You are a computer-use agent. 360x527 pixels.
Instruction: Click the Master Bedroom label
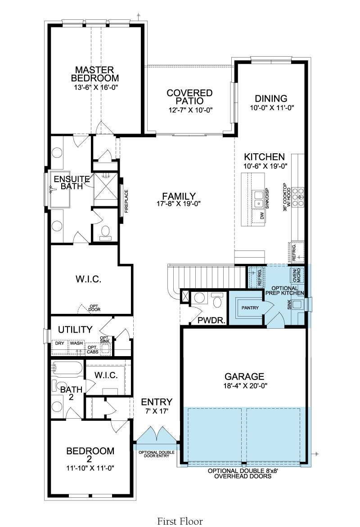95,74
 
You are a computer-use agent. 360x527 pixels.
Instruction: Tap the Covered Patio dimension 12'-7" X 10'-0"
190,110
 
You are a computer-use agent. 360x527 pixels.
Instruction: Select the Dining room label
271,98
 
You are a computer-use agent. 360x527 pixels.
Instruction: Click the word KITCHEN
265,156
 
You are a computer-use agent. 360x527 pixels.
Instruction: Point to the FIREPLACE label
126,201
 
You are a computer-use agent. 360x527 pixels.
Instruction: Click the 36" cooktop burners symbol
298,197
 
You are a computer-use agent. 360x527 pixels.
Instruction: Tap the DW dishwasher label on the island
262,216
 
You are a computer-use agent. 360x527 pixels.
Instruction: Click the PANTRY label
250,308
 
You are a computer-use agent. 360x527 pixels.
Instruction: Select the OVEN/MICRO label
297,275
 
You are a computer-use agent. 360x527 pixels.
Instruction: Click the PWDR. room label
211,321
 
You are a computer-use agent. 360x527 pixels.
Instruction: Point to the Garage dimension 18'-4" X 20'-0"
244,386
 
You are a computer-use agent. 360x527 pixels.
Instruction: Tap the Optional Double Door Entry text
157,454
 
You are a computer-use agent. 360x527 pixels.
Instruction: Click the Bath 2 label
72,393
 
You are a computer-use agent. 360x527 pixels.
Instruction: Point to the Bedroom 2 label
90,455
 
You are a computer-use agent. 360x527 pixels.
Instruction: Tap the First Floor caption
180,521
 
